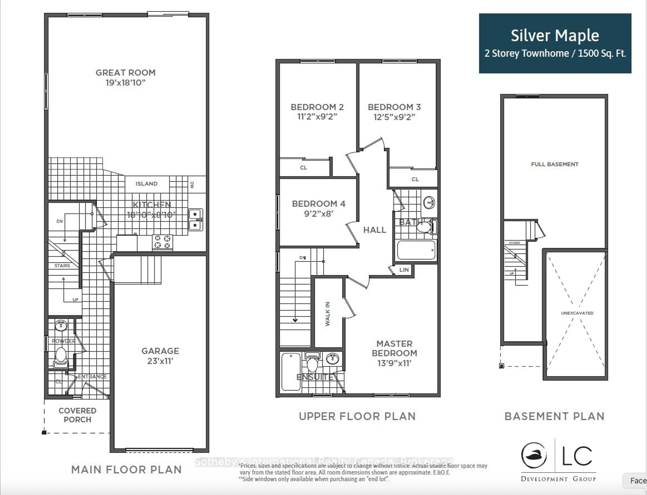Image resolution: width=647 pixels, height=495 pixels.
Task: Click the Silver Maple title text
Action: (x=555, y=36)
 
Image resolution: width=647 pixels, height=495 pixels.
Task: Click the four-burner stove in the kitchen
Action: (x=162, y=242)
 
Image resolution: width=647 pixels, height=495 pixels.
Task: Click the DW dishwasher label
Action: (x=192, y=185)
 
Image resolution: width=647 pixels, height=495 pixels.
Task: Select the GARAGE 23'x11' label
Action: (x=160, y=356)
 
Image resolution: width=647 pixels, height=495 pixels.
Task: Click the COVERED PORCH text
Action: (x=77, y=415)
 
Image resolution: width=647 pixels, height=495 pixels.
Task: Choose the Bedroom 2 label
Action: (x=317, y=107)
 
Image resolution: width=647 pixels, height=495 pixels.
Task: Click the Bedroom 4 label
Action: (x=319, y=204)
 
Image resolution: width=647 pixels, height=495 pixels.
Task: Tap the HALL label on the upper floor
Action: (x=374, y=230)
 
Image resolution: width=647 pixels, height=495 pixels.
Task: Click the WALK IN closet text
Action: (x=328, y=314)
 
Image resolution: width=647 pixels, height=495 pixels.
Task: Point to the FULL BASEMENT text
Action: (x=555, y=164)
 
